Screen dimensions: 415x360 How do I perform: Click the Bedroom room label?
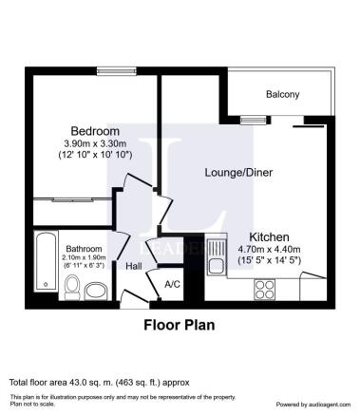(x=95, y=130)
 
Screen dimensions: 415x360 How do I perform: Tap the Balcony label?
(x=281, y=94)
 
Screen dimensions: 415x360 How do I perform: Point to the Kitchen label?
(x=269, y=236)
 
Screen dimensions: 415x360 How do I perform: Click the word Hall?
(x=134, y=267)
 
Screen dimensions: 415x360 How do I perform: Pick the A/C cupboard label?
(x=172, y=284)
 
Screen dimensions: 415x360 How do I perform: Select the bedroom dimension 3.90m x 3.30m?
(x=95, y=142)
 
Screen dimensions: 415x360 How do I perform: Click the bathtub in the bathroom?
(x=45, y=260)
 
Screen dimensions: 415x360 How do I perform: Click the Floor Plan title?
(x=179, y=325)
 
